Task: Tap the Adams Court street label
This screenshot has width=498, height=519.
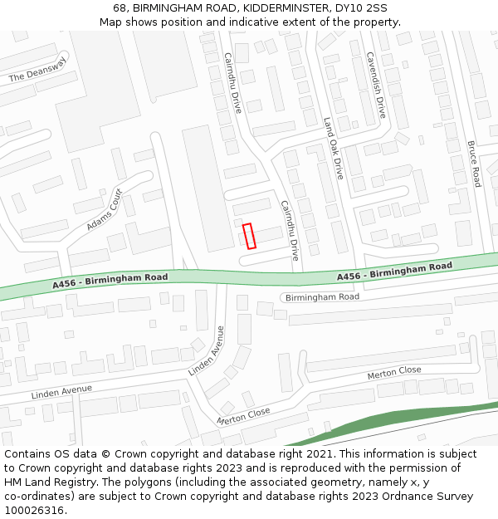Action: (105, 211)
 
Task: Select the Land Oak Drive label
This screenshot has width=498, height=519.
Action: (333, 148)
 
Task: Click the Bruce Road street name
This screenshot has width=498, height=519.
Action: (474, 164)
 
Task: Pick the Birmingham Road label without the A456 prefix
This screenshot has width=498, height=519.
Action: (322, 296)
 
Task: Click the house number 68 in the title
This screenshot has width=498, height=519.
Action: (120, 7)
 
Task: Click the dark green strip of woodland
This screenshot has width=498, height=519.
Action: (390, 419)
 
